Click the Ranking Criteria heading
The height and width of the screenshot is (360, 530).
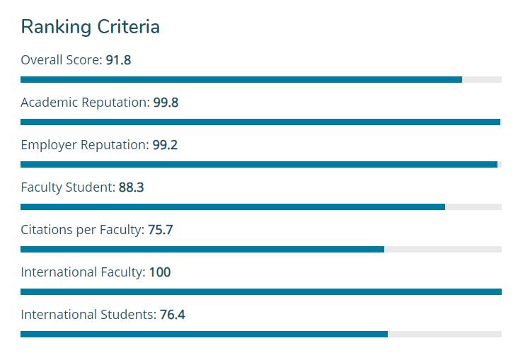click(x=90, y=27)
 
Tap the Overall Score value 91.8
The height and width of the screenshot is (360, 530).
click(x=118, y=60)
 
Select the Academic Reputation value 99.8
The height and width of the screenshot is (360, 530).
click(x=166, y=103)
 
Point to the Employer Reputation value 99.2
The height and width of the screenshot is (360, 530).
click(x=165, y=145)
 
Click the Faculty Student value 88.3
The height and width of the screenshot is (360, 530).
click(x=131, y=187)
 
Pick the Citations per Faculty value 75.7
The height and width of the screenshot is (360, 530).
click(x=160, y=230)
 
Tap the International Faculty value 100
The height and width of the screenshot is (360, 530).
click(x=159, y=272)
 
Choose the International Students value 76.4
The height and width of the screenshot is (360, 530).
click(x=172, y=315)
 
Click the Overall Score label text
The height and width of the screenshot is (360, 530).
click(x=61, y=60)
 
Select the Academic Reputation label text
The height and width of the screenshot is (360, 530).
click(x=85, y=103)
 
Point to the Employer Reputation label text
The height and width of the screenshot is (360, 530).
click(x=84, y=145)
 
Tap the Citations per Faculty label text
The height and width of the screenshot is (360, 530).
click(x=82, y=230)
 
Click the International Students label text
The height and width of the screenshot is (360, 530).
click(x=88, y=315)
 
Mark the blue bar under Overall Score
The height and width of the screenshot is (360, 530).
click(x=241, y=79)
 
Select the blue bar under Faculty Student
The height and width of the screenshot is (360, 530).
click(x=232, y=207)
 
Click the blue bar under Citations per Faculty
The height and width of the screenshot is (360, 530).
click(x=202, y=249)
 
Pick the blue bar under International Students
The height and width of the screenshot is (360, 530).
click(x=204, y=334)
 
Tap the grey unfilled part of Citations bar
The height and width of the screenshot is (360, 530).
click(x=442, y=249)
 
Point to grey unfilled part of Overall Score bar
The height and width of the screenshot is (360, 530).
click(x=482, y=79)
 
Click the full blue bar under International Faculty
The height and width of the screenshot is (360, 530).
click(x=260, y=291)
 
